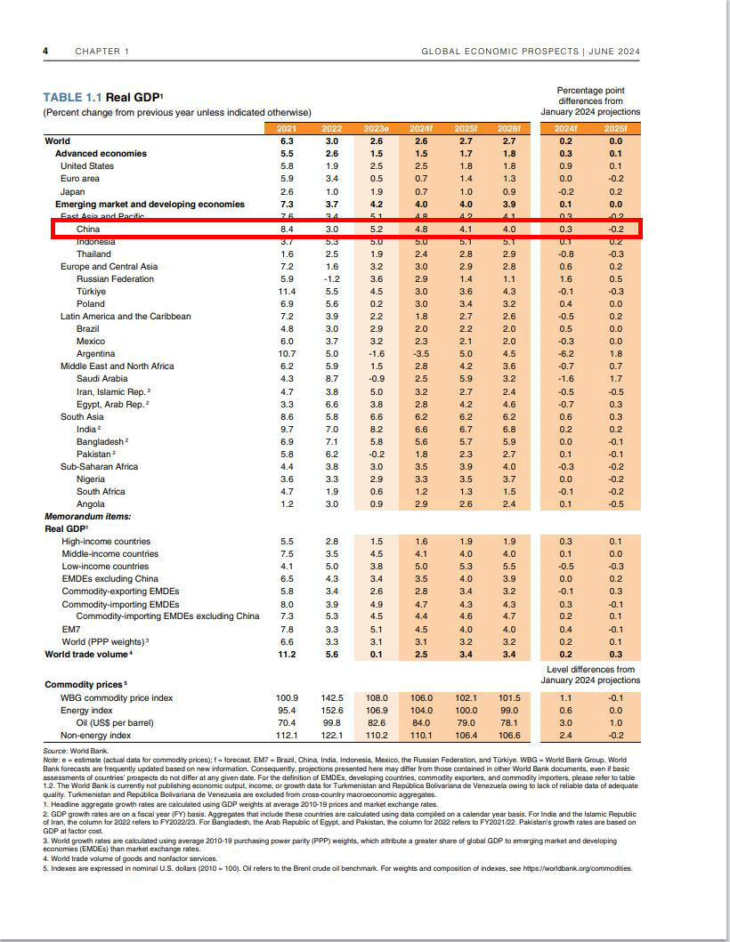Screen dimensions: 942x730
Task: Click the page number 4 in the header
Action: tap(45, 51)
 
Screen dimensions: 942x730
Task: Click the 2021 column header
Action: tap(286, 129)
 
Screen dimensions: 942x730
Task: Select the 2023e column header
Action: tap(376, 129)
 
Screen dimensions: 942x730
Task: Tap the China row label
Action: tap(88, 229)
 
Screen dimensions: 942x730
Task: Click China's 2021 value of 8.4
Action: tap(286, 229)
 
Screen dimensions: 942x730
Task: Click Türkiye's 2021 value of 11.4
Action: tap(285, 292)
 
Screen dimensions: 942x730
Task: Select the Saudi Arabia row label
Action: tap(101, 379)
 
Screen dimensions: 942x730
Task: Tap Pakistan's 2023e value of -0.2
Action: tap(376, 455)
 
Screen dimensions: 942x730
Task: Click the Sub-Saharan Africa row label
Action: tap(99, 467)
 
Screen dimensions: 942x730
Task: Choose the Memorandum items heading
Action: tap(88, 517)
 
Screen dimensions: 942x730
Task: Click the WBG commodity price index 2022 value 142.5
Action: tap(331, 698)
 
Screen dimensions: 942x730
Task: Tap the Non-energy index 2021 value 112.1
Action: tap(286, 736)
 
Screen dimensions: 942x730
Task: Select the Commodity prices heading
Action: tap(85, 684)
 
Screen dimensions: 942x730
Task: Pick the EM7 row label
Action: tap(71, 630)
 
